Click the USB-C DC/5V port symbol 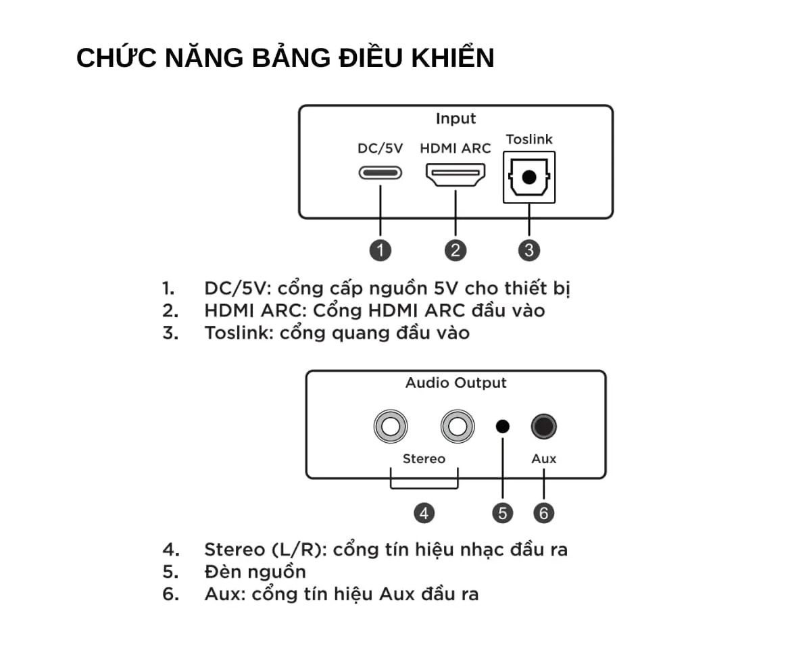[x=380, y=173]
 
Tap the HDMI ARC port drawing [x=456, y=174]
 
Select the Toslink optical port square [x=529, y=177]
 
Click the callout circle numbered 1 [x=380, y=250]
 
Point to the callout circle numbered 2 [x=456, y=250]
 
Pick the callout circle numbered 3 [x=529, y=250]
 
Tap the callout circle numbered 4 [x=424, y=513]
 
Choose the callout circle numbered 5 [x=503, y=513]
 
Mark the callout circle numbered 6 [x=543, y=513]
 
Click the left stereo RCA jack [x=391, y=427]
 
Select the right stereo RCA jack [x=458, y=427]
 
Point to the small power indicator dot [x=503, y=427]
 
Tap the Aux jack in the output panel [x=543, y=427]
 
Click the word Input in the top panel [x=456, y=119]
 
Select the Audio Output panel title [x=456, y=383]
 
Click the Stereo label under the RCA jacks [x=424, y=458]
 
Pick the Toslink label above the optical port [x=529, y=139]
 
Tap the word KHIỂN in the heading [x=453, y=58]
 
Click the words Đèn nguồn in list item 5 [x=255, y=572]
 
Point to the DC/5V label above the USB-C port [x=380, y=148]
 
